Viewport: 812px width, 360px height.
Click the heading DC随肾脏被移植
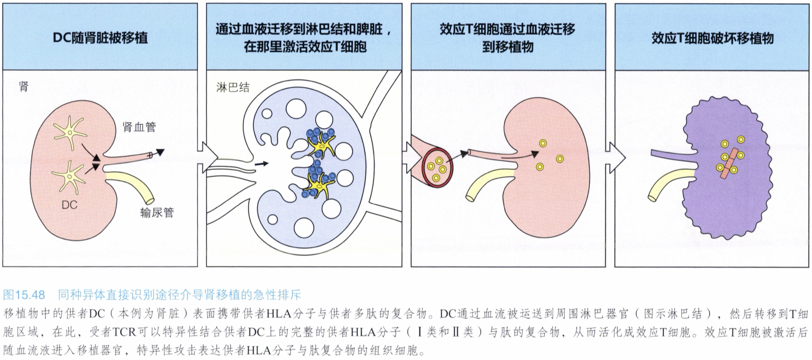click(100, 38)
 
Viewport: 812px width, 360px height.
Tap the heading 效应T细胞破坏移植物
click(713, 38)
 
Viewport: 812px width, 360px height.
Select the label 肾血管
click(139, 127)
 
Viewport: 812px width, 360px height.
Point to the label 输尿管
click(157, 213)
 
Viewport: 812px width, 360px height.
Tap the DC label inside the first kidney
click(70, 205)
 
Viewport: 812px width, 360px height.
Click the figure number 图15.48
click(24, 295)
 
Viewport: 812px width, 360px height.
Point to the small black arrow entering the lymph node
click(261, 164)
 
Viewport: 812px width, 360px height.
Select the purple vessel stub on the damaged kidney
click(671, 157)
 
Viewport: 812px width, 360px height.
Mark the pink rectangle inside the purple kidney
click(729, 163)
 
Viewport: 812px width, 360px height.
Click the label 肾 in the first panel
click(24, 87)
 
